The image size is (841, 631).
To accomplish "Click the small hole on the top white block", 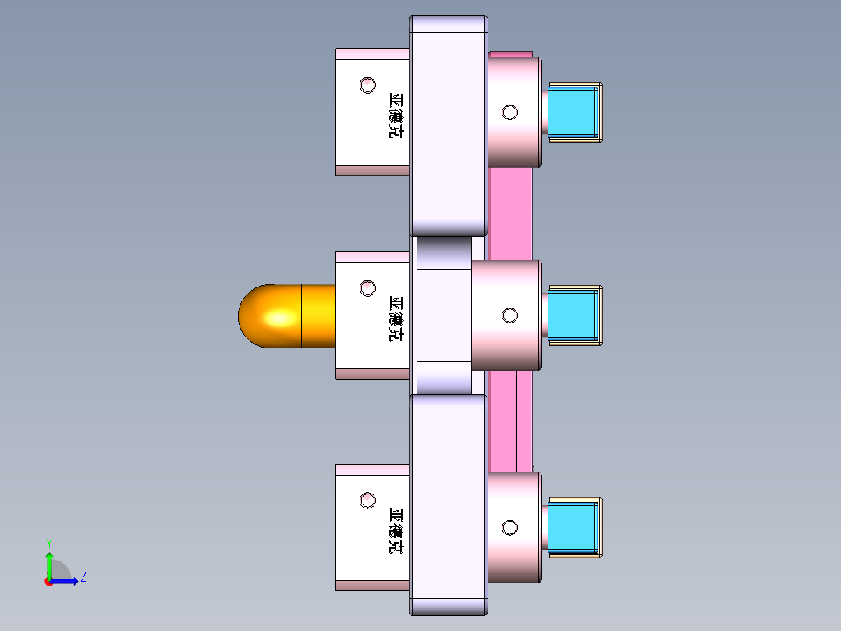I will point(367,84).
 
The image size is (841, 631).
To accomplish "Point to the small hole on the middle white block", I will point(367,288).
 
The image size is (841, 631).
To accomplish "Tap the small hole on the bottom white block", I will point(367,500).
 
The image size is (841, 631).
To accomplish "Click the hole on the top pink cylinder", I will point(509,112).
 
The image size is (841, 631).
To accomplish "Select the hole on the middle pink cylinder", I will point(509,315).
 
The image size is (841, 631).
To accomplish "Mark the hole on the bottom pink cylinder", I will point(509,527).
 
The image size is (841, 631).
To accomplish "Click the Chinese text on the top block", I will point(396,116).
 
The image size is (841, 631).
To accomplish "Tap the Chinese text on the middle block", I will point(396,319).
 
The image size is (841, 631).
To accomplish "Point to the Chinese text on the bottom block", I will point(396,531).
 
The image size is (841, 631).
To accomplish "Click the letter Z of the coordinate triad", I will point(83,577).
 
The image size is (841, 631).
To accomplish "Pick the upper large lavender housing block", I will point(449,125).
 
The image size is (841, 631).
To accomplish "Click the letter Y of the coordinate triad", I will point(49,542).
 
